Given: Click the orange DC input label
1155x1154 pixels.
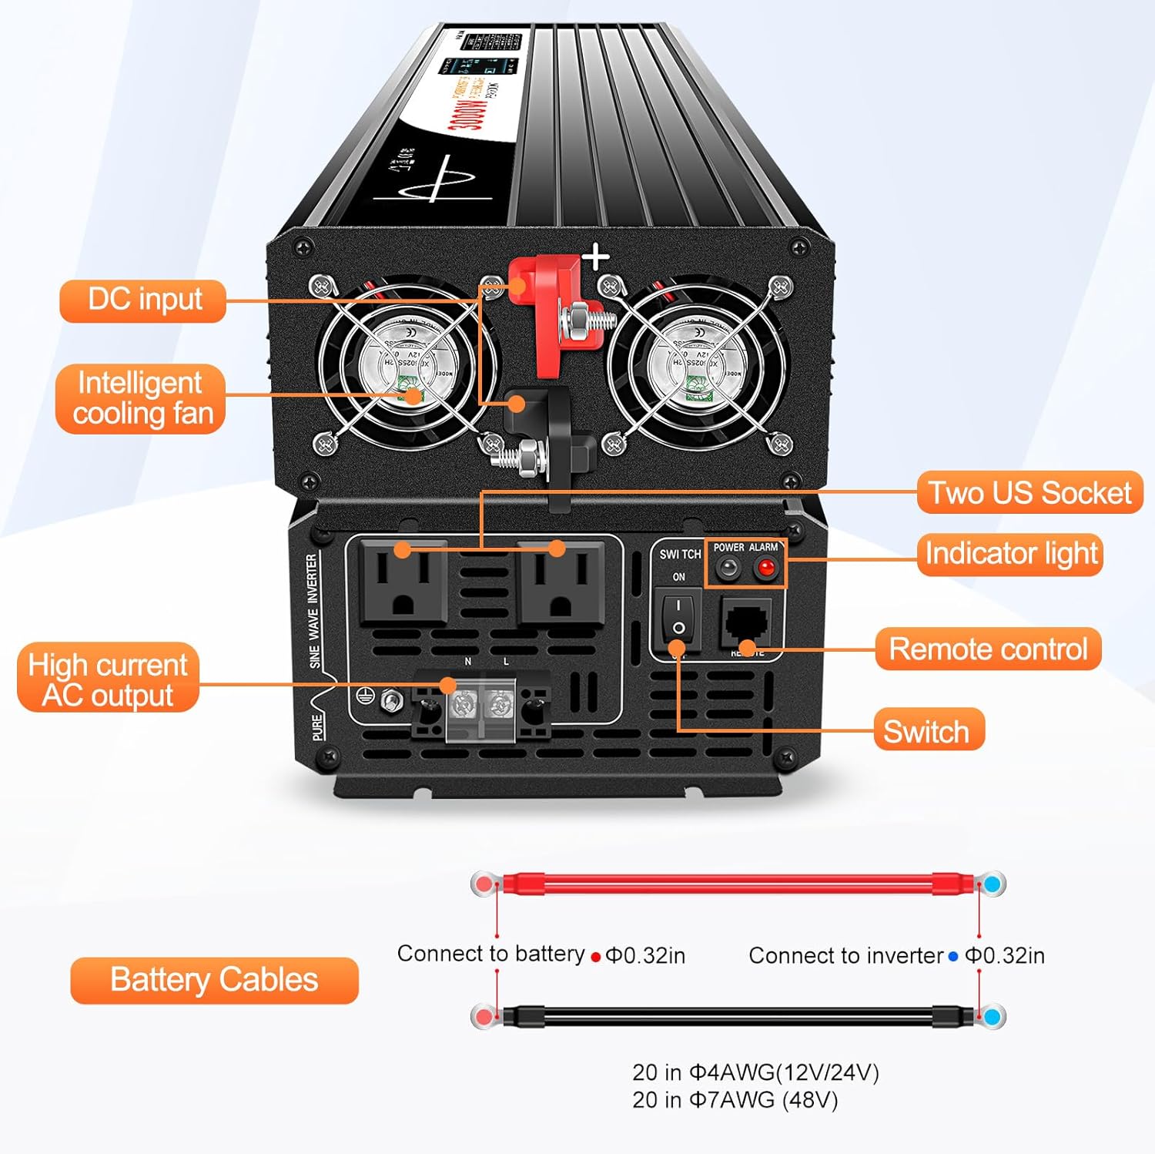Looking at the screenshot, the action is click(x=143, y=300).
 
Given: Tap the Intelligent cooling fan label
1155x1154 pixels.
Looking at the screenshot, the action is click(x=141, y=399).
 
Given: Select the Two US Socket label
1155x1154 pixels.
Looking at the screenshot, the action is click(x=1029, y=493).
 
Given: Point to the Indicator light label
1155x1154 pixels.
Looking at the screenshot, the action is click(x=1009, y=554).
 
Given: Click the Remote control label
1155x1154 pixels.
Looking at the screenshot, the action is click(x=988, y=649).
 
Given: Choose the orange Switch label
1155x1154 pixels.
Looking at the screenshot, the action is click(x=928, y=730).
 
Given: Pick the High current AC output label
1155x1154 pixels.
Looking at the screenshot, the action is click(x=108, y=679).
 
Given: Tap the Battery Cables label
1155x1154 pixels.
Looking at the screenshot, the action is click(x=214, y=980).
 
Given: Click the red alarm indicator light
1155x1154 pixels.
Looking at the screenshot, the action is click(x=765, y=569).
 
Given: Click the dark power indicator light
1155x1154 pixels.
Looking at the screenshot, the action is click(x=727, y=569).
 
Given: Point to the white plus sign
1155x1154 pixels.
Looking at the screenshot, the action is click(x=596, y=257).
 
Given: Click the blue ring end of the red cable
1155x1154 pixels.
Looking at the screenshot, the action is click(x=993, y=884).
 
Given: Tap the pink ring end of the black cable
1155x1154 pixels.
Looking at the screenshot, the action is click(x=484, y=1017).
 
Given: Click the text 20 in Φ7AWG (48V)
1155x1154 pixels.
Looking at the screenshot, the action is click(x=735, y=1100).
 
